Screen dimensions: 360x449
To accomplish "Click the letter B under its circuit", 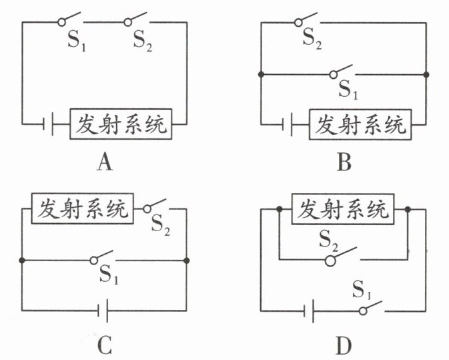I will click(x=343, y=162).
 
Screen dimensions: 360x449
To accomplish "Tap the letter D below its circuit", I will click(x=343, y=345).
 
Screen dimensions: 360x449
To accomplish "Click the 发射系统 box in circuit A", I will click(x=121, y=124).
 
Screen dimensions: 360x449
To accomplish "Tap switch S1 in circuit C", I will click(x=103, y=257).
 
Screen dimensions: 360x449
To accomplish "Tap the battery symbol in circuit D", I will click(x=308, y=310).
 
